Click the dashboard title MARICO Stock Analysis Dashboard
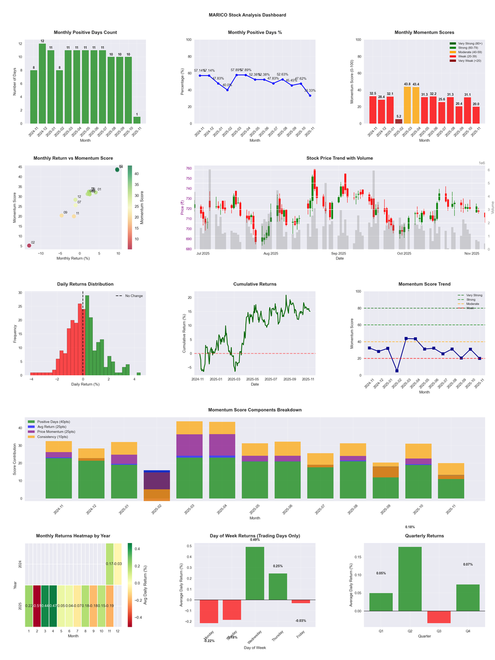tap(247, 15)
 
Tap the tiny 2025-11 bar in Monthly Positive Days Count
tap(137, 120)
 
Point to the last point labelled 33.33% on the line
tap(310, 95)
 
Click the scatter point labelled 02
tap(28, 246)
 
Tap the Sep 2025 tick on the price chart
tap(338, 254)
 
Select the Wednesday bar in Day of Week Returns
tap(255, 573)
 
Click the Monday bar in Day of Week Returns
tap(209, 611)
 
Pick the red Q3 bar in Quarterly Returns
tap(439, 617)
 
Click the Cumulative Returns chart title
tap(254, 284)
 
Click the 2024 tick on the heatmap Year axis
tap(21, 564)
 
